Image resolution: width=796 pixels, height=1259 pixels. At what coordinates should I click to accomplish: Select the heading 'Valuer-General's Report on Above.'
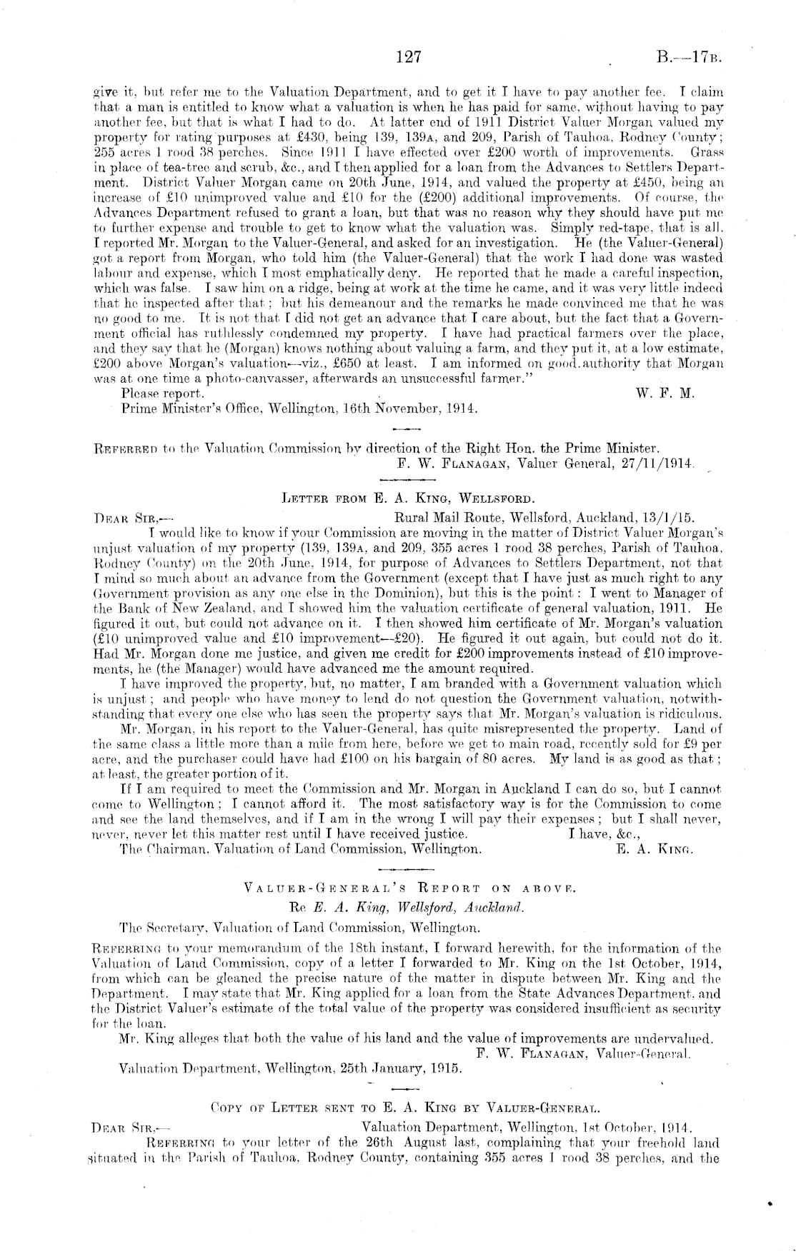click(409, 889)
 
